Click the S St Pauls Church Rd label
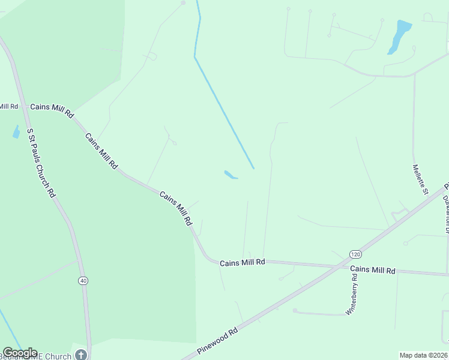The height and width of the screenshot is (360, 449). pos(41,166)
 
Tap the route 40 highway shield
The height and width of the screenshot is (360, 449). pos(83,280)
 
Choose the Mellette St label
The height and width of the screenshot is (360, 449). pos(420,179)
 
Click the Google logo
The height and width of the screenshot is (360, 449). pos(20,353)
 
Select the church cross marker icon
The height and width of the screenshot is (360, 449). pos(80,355)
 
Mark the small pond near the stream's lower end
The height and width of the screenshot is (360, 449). pos(231,175)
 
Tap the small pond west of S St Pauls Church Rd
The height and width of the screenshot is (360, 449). pos(16,132)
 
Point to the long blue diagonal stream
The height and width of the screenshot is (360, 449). pos(223,108)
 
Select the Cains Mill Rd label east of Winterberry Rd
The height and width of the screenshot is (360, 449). pos(373,270)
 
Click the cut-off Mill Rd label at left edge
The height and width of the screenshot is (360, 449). pos(8,106)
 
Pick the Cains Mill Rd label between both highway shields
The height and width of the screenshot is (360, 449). pos(243,263)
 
